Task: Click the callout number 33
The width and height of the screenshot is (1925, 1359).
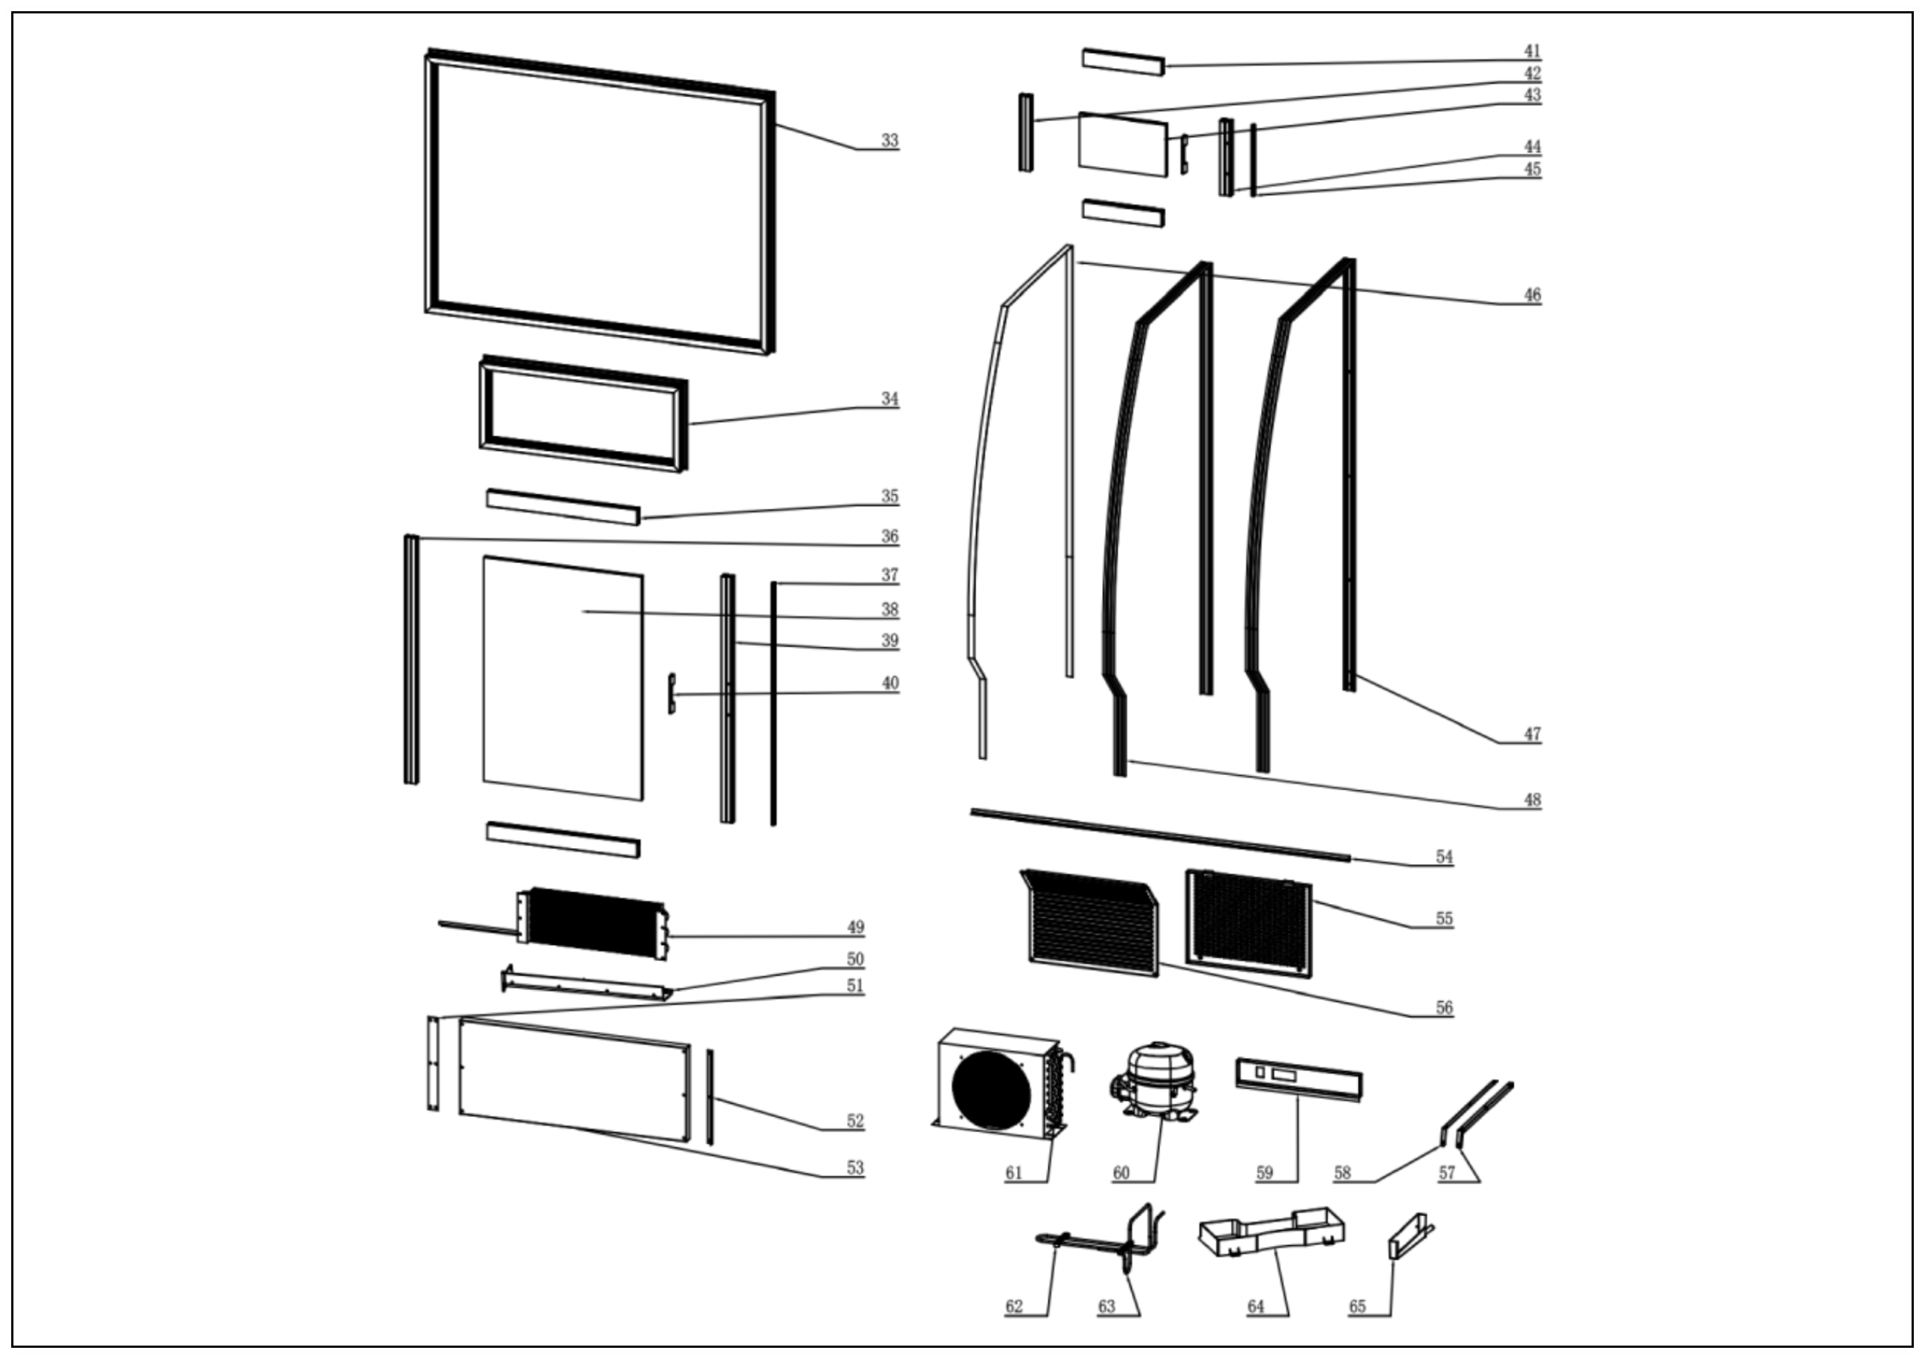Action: (x=890, y=141)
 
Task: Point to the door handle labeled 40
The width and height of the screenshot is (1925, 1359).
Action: (x=671, y=693)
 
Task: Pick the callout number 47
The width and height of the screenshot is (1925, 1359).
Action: (x=1532, y=734)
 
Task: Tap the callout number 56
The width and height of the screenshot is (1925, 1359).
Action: (x=1444, y=1008)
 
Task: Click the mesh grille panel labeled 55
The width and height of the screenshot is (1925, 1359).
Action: (x=1248, y=923)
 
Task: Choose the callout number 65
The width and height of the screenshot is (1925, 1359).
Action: (x=1357, y=1306)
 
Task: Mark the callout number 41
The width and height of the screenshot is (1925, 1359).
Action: (x=1532, y=52)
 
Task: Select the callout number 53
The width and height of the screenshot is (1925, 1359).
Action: (x=854, y=1168)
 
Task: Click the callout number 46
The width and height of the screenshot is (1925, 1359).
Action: (x=1532, y=295)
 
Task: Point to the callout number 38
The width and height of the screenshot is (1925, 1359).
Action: (x=890, y=610)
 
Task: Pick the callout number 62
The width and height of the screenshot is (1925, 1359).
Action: (x=1014, y=1306)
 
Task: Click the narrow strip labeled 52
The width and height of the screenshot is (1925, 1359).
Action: (x=709, y=1097)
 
